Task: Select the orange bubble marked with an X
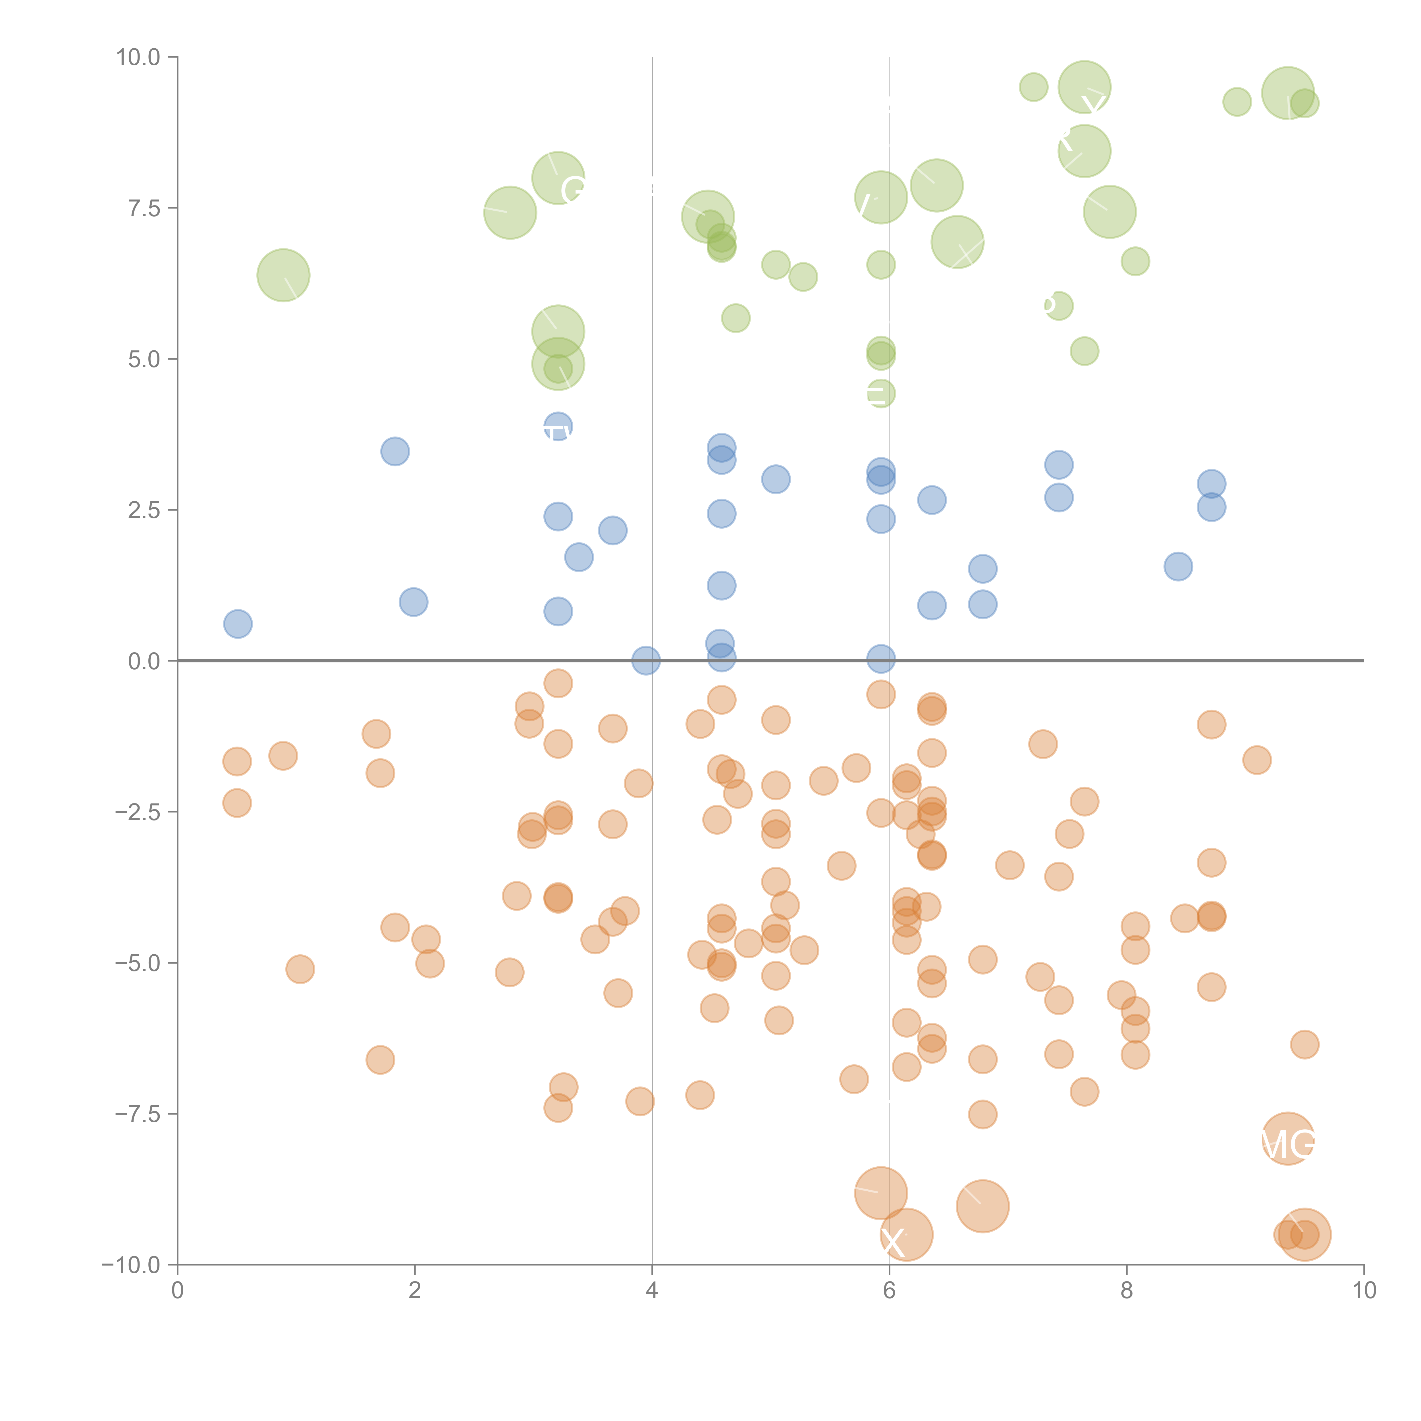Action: click(x=906, y=1235)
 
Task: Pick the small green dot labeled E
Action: click(x=880, y=394)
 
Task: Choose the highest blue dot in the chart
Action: click(x=558, y=427)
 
